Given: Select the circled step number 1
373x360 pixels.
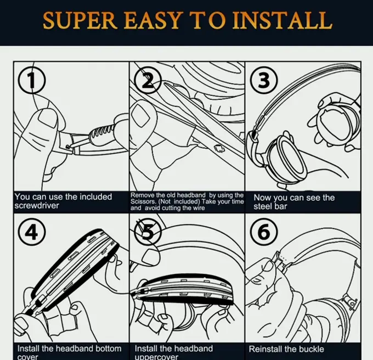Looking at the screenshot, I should pos(32,81).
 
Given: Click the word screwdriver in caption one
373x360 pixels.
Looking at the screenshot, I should pos(38,205).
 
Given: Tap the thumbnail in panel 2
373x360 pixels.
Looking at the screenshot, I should pos(143,115).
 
